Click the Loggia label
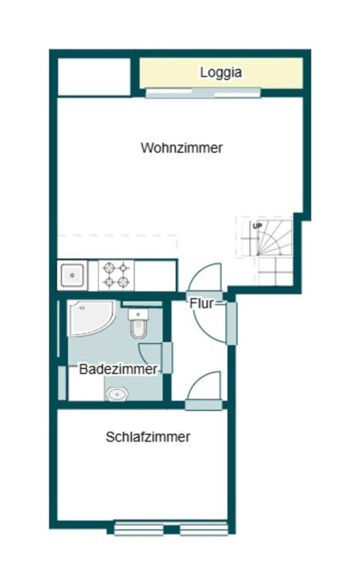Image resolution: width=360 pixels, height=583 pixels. (x=221, y=73)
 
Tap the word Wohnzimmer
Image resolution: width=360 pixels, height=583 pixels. (x=182, y=148)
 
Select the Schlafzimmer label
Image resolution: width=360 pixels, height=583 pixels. (x=148, y=437)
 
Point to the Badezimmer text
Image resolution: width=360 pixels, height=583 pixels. (x=118, y=369)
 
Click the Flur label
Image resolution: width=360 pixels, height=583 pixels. (x=201, y=303)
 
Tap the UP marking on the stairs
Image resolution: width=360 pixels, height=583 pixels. (x=257, y=226)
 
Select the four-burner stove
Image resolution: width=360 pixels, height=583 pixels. (x=116, y=275)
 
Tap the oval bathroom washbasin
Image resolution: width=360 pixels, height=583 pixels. (x=117, y=393)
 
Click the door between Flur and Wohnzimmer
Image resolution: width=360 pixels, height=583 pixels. (x=207, y=279)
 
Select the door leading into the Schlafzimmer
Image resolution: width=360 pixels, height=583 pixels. (x=205, y=389)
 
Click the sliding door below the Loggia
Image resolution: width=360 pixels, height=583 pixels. (x=203, y=93)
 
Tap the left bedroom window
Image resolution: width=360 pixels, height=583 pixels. (x=139, y=529)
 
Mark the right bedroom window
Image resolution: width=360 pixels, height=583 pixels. (x=204, y=529)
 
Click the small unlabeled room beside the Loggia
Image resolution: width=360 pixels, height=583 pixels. (x=94, y=76)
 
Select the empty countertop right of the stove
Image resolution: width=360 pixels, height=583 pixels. (x=155, y=275)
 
